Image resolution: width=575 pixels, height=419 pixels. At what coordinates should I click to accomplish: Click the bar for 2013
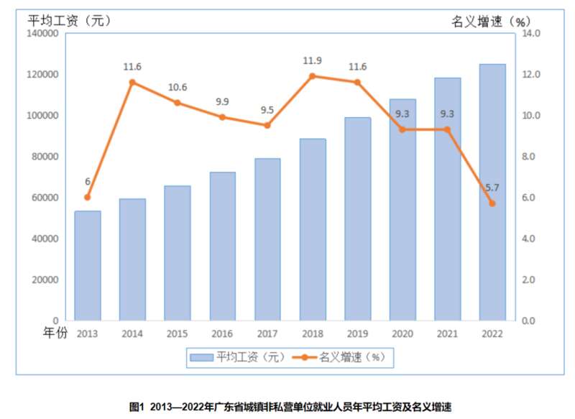point(88,265)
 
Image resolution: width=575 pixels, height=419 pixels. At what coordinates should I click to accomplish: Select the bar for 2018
point(313,229)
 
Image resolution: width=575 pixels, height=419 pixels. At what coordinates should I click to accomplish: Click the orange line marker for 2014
point(132,82)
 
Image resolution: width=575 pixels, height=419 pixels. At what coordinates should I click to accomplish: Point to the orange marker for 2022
point(492,203)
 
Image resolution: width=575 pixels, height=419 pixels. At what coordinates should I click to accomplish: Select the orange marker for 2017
point(267,125)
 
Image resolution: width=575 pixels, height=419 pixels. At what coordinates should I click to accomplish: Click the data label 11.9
point(313,60)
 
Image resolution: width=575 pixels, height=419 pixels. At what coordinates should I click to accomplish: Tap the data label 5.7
point(492,188)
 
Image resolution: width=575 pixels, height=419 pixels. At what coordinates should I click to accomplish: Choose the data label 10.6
point(178,88)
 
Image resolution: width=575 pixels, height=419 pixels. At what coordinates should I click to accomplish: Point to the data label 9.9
point(223,101)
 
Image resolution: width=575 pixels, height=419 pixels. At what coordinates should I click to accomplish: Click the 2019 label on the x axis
point(357,333)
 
